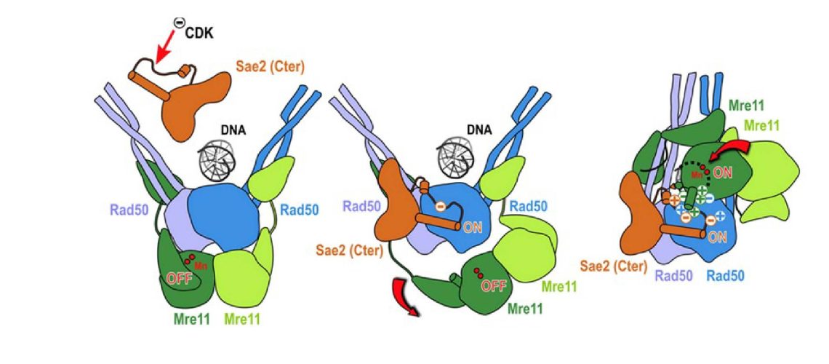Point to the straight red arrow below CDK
tap(164, 51)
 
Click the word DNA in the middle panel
tap(478, 130)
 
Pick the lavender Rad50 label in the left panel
tap(128, 210)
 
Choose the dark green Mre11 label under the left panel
tap(193, 318)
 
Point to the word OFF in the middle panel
tap(494, 285)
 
